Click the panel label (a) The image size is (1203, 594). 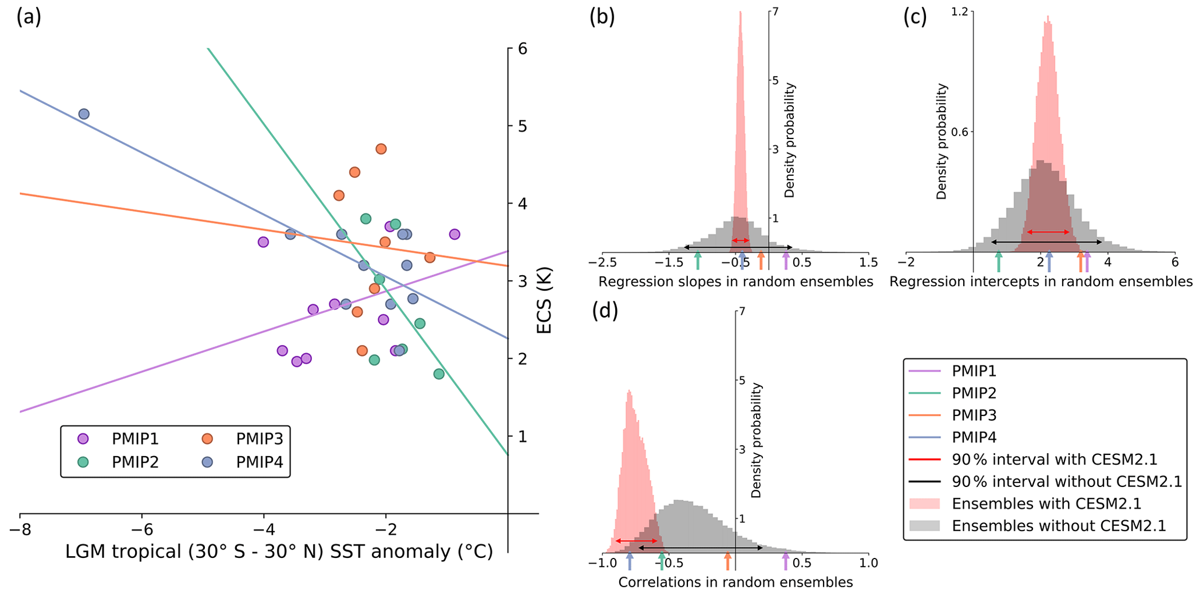[x=29, y=17]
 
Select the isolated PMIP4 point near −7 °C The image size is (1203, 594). [x=84, y=114]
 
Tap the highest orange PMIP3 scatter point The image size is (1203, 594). [x=381, y=149]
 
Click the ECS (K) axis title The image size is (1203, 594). [x=544, y=300]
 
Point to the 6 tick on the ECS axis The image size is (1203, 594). [x=523, y=48]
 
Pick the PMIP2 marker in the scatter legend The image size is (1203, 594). [x=83, y=462]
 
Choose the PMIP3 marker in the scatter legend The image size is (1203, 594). [x=207, y=439]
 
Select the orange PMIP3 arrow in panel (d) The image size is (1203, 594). [x=728, y=561]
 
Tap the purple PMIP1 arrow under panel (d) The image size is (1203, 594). [x=786, y=561]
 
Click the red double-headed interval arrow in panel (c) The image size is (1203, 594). [x=1048, y=232]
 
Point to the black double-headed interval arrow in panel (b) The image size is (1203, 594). [x=737, y=248]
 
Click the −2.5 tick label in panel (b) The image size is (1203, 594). [x=602, y=263]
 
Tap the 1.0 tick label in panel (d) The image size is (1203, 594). [x=868, y=563]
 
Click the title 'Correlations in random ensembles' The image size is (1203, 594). [x=735, y=582]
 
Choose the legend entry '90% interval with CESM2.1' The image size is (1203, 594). [x=1054, y=460]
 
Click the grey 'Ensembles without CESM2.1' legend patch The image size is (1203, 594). [x=924, y=526]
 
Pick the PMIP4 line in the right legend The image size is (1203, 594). [x=924, y=438]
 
